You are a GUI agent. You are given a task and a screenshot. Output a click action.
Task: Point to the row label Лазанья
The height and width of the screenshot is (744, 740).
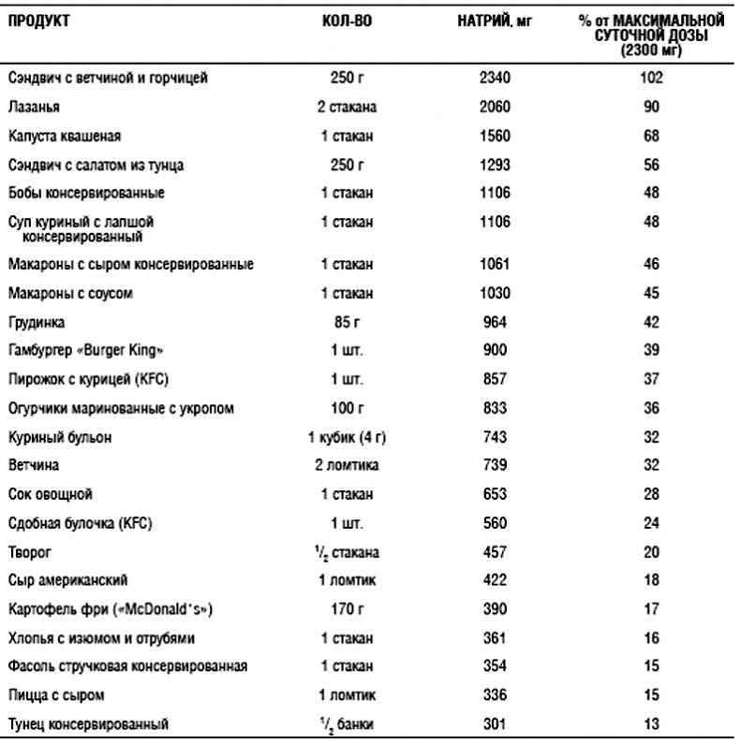[34, 108]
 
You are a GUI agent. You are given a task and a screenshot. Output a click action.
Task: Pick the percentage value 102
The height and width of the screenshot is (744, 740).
[651, 79]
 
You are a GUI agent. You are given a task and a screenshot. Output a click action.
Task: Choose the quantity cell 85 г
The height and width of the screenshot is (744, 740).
[346, 323]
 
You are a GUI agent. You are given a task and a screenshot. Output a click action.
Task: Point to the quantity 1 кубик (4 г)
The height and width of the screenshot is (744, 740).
[346, 437]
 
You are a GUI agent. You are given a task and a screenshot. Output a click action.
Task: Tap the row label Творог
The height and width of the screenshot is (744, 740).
[29, 551]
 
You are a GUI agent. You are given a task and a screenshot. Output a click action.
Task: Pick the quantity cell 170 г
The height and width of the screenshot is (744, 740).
[346, 609]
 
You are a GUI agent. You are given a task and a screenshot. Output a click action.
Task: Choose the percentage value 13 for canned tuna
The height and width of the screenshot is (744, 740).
[652, 723]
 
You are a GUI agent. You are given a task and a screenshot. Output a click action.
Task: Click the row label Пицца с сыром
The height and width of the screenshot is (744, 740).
[55, 695]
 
